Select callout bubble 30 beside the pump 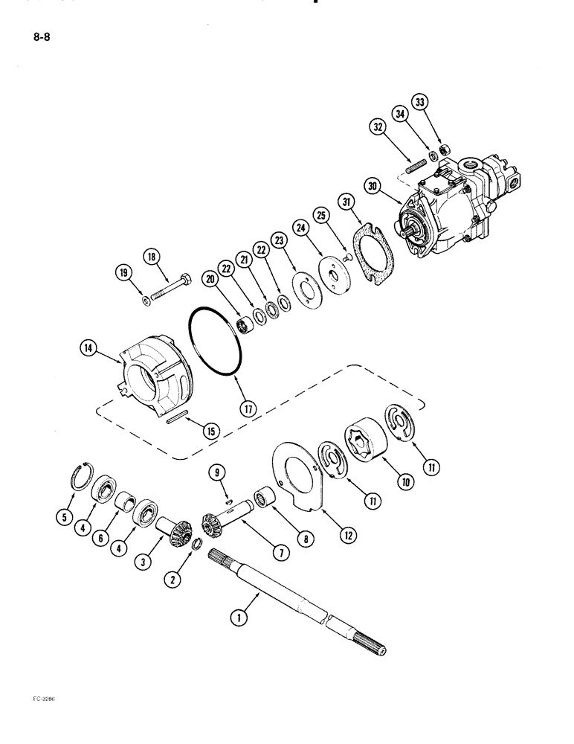[375, 186]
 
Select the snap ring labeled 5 [86, 475]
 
